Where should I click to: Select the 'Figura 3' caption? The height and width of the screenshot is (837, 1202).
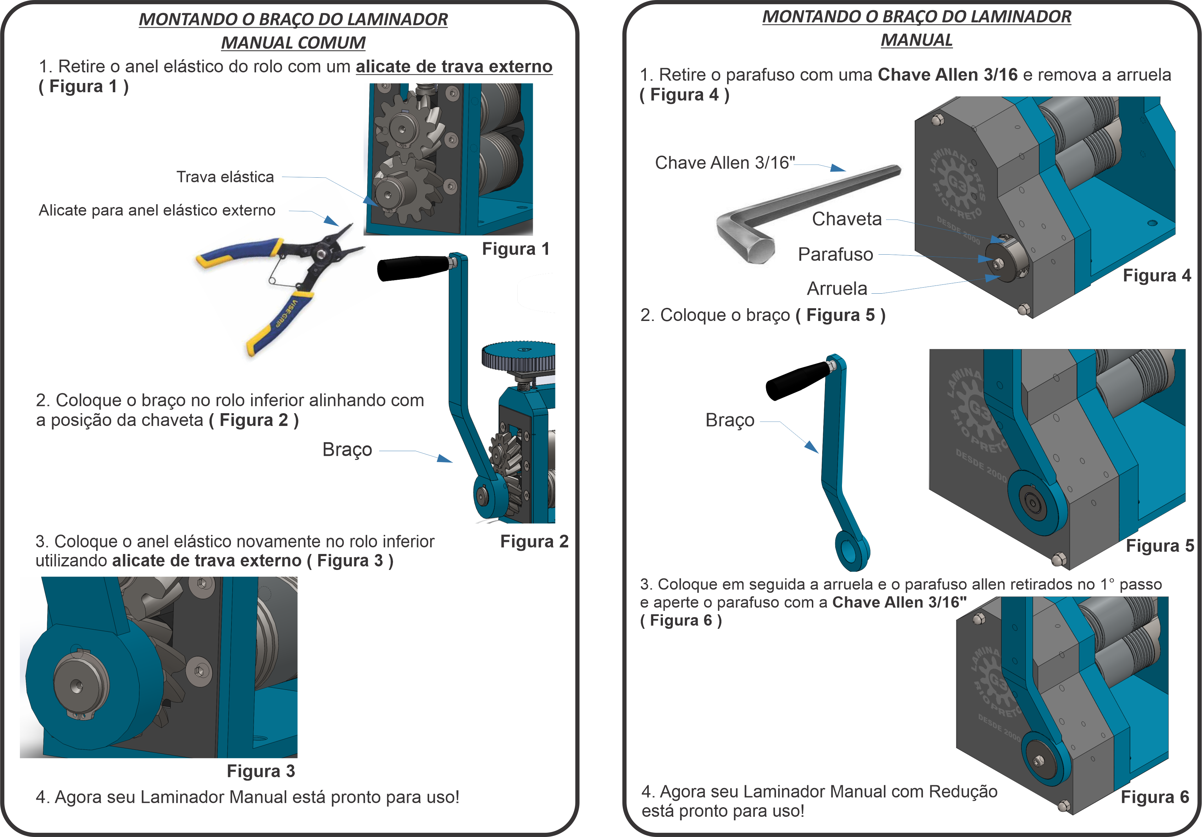tap(261, 771)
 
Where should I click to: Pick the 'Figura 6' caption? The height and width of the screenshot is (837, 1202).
tap(1154, 797)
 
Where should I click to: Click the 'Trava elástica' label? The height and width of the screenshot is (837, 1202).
tap(225, 177)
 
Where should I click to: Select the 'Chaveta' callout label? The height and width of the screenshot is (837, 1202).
tap(847, 219)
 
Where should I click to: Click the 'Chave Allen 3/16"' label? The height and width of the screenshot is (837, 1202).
tap(725, 163)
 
